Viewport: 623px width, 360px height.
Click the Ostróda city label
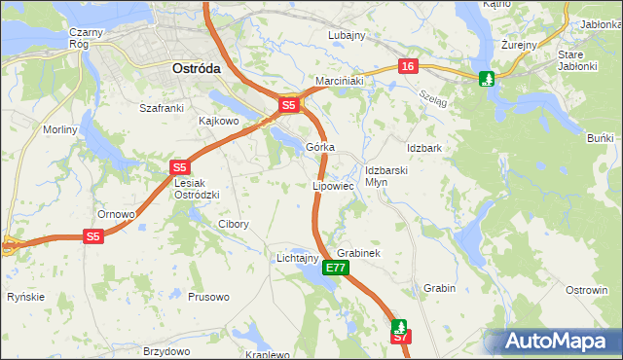pyautogui.click(x=196, y=69)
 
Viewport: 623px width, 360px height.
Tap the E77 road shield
pyautogui.click(x=336, y=267)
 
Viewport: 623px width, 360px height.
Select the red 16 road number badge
pyautogui.click(x=407, y=65)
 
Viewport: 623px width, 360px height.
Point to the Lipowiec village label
pyautogui.click(x=332, y=185)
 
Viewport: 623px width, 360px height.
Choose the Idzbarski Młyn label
pyautogui.click(x=385, y=175)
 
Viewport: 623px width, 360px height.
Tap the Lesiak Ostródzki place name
pyautogui.click(x=197, y=189)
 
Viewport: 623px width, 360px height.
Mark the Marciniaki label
pyautogui.click(x=339, y=81)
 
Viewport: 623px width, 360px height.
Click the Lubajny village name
pyautogui.click(x=347, y=35)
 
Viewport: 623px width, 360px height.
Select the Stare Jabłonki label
pyautogui.click(x=583, y=60)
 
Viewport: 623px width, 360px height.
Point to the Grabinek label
pyautogui.click(x=357, y=252)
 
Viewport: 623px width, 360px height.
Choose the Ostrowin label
pyautogui.click(x=587, y=290)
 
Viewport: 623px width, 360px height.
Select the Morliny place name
pyautogui.click(x=59, y=129)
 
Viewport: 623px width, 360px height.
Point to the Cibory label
pyautogui.click(x=234, y=224)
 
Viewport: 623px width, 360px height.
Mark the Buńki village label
pyautogui.click(x=601, y=139)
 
